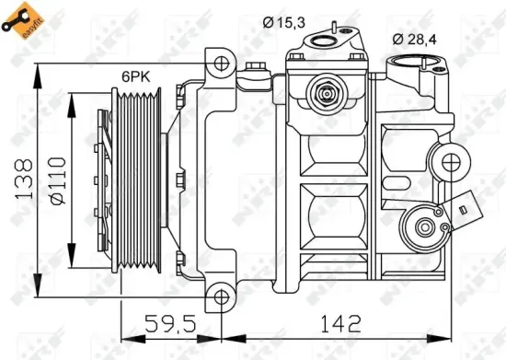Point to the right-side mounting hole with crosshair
point(452,164)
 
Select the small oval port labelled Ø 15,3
point(328,41)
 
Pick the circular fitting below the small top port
point(325,93)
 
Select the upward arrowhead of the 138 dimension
point(36,69)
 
